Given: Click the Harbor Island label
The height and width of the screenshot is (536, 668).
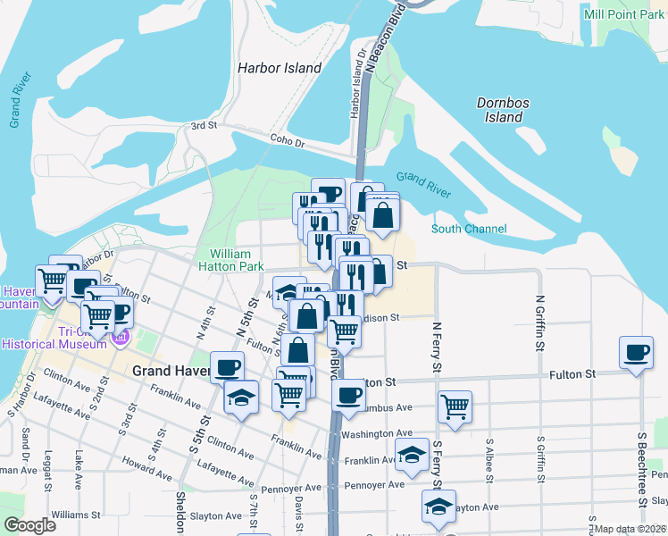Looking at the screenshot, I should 279,68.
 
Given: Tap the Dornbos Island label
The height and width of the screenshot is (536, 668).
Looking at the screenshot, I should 504,110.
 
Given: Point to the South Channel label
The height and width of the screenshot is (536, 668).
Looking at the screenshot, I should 469,229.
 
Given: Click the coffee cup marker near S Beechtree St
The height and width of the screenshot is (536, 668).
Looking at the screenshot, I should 636,352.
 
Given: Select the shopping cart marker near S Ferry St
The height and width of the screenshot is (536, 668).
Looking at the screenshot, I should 455,406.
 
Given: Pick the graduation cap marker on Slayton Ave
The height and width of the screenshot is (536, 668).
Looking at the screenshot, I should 438,506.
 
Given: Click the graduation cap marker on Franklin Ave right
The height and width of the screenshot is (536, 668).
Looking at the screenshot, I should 412,454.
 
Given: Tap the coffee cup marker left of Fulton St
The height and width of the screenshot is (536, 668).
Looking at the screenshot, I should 227,366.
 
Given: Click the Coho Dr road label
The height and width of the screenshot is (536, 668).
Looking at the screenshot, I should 288,142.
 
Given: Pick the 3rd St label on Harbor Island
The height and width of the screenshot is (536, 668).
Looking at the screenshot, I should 205,126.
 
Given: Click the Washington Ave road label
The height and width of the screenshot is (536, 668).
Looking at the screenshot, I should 376,434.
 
